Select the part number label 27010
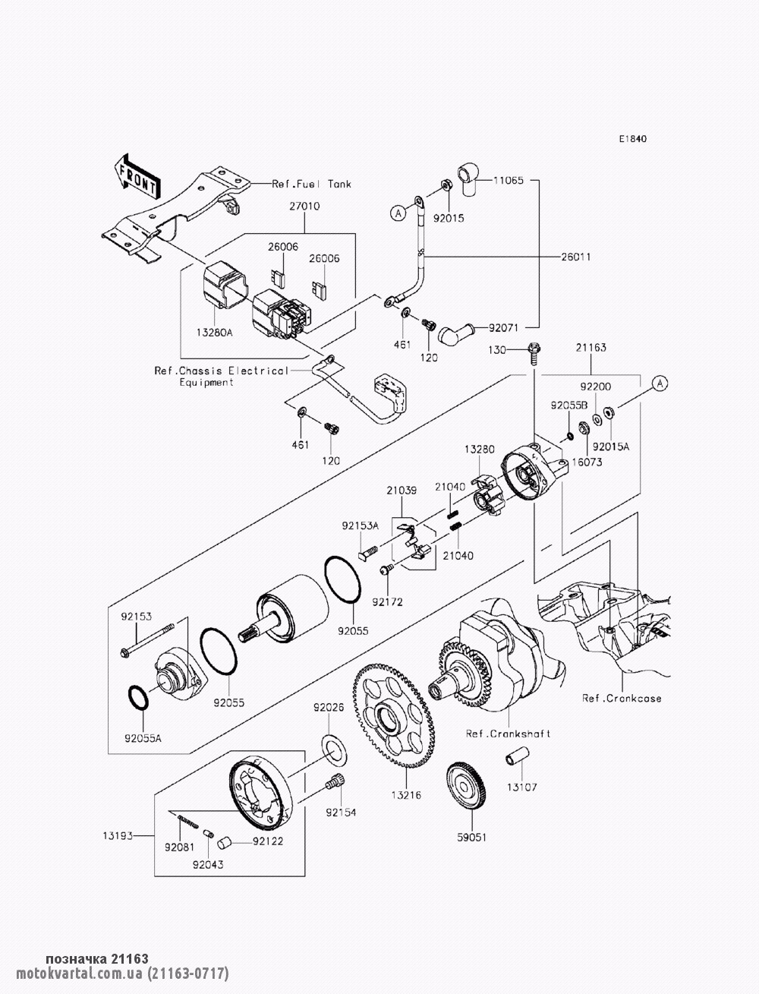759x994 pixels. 304,206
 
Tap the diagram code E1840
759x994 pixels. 633,138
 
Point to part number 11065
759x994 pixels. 508,180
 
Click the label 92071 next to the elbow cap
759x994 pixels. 502,327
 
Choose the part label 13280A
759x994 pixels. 214,333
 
